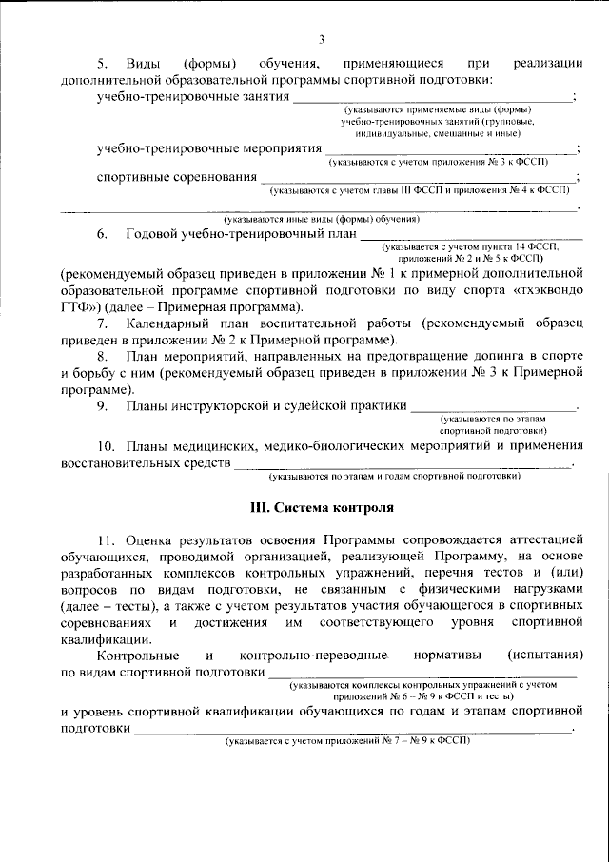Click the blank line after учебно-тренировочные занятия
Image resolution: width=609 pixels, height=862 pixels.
point(432,99)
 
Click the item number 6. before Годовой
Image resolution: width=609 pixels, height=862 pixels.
point(102,234)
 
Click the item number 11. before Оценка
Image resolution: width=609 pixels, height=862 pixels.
point(105,539)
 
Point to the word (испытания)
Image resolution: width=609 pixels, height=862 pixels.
point(544,656)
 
